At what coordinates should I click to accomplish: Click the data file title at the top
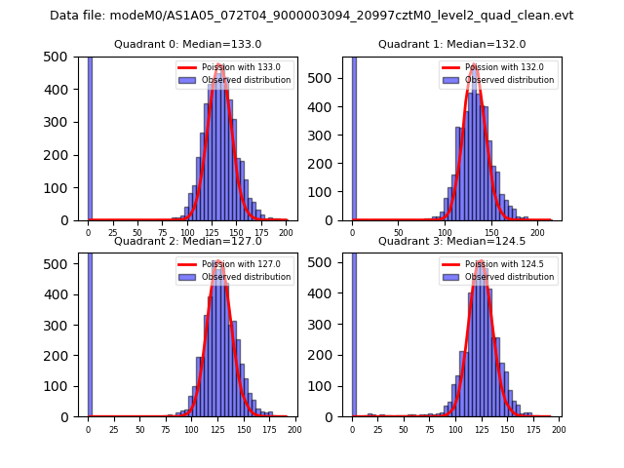[311, 16]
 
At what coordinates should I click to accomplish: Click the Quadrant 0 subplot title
[187, 44]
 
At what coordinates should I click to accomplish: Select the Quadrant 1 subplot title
[451, 44]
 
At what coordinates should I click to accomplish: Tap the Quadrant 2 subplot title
[187, 241]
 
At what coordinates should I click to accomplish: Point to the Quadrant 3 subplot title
[451, 241]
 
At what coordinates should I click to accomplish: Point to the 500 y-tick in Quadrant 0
[55, 57]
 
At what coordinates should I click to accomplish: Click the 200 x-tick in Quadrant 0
[286, 234]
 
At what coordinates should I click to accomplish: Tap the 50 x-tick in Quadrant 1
[399, 234]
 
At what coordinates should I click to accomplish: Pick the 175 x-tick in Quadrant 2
[268, 430]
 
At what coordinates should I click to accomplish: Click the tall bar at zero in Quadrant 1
[353, 136]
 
